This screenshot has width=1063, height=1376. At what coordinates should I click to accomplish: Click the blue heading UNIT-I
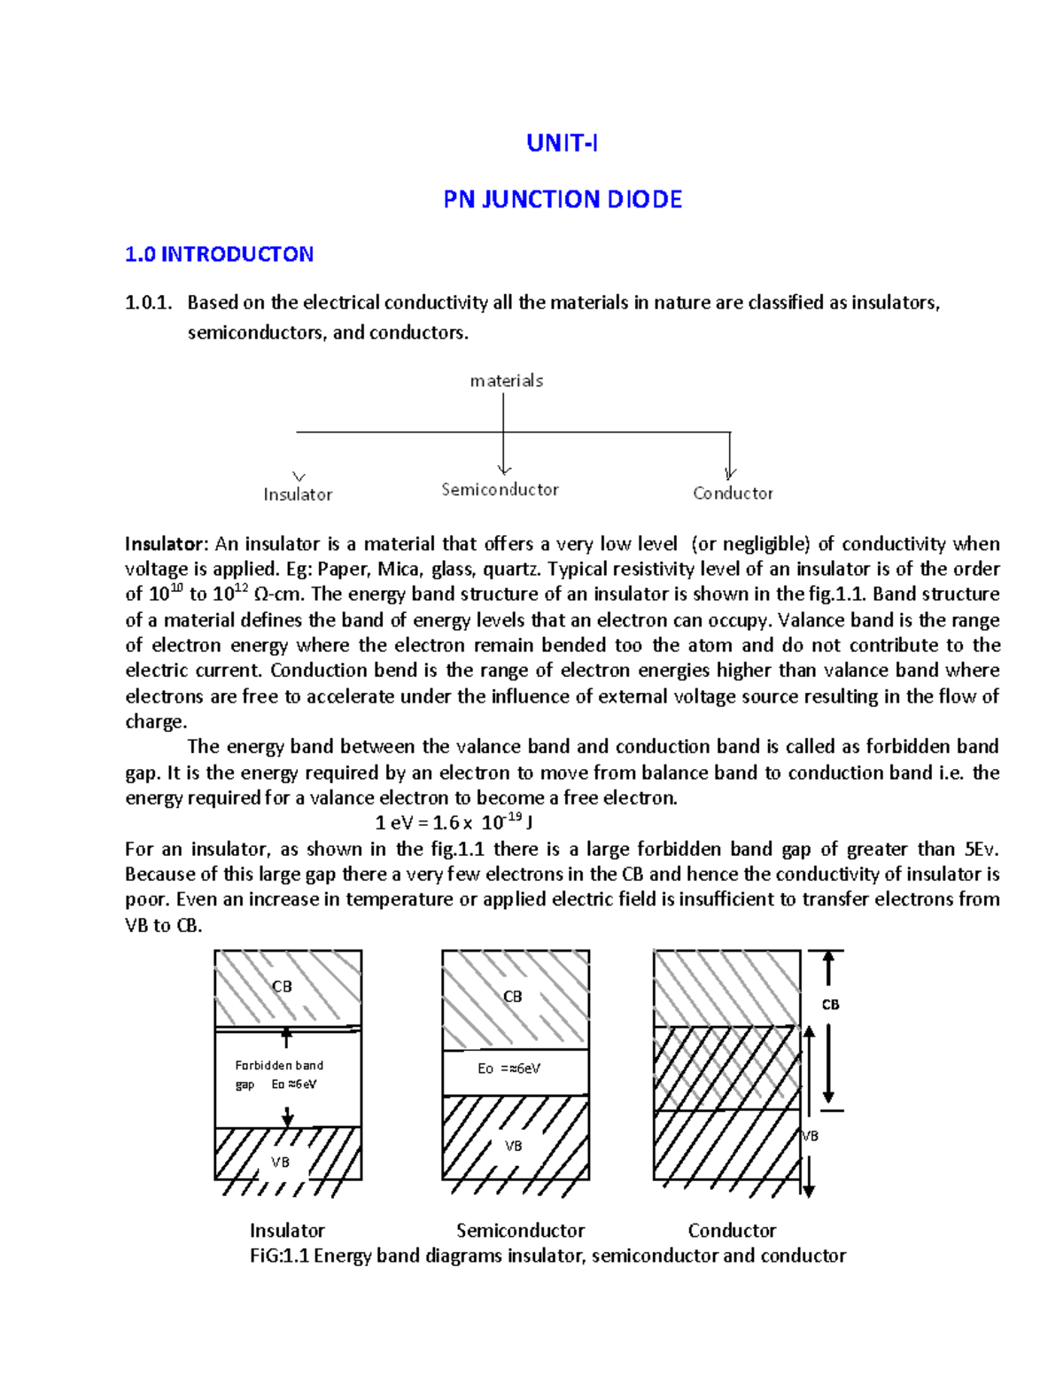(x=562, y=144)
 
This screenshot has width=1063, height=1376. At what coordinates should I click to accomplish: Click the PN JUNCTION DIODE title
(x=563, y=199)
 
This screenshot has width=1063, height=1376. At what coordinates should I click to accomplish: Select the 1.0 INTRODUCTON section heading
(x=219, y=255)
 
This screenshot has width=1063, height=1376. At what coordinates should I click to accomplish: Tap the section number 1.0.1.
(x=148, y=303)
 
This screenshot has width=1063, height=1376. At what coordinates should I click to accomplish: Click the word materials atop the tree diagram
(x=506, y=381)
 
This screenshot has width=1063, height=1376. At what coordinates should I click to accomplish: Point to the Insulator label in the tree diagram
(x=298, y=494)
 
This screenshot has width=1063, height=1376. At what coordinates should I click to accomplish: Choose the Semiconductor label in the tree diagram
(x=500, y=490)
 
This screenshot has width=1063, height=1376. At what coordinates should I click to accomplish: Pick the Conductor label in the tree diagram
(x=733, y=494)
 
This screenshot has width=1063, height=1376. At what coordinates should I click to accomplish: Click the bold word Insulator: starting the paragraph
(x=167, y=544)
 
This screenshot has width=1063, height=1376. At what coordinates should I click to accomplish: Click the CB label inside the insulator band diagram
(x=282, y=987)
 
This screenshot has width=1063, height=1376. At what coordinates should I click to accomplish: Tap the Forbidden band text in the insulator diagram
(x=279, y=1065)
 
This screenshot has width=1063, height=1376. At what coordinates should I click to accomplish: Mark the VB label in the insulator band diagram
(x=280, y=1162)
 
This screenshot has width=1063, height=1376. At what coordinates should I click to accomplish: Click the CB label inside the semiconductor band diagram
(x=512, y=997)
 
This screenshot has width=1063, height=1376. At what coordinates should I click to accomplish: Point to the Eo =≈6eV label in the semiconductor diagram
(x=508, y=1069)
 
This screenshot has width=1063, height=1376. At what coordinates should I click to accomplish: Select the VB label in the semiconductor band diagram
(x=513, y=1147)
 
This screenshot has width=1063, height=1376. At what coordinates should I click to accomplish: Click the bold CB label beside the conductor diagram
(x=830, y=1005)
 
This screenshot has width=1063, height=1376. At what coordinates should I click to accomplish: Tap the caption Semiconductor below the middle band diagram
(x=520, y=1231)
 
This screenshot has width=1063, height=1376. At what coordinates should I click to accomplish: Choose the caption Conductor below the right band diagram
(x=732, y=1231)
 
